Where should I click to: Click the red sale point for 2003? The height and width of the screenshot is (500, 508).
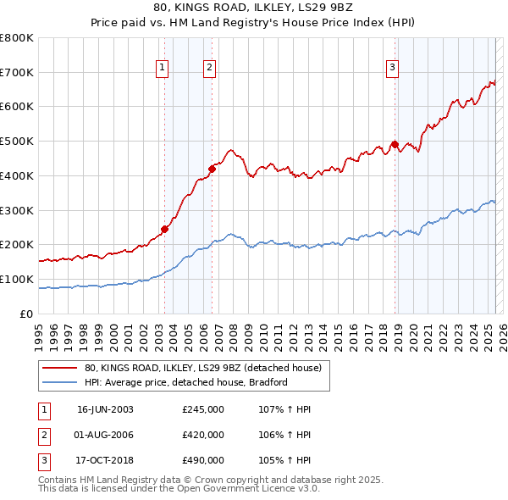point(165,229)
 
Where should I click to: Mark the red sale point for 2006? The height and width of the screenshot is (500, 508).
point(212,169)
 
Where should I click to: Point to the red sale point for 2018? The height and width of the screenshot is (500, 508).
point(395,144)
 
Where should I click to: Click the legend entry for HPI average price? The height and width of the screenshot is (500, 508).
point(186,382)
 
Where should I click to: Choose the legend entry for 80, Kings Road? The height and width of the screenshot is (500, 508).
point(202,369)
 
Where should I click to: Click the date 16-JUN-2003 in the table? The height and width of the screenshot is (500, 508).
point(105,409)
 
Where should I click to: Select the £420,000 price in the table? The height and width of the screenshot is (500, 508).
point(203,436)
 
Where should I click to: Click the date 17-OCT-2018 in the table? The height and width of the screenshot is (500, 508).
point(105,461)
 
